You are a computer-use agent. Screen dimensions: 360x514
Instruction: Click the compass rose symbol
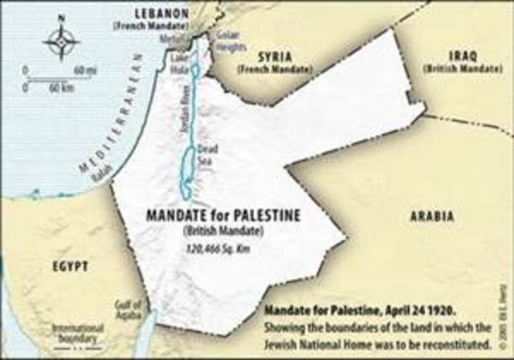[x=62, y=41]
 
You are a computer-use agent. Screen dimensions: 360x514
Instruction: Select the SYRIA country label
[x=273, y=59]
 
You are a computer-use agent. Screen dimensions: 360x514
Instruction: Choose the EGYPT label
[x=67, y=266]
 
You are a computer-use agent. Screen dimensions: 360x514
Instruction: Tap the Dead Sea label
[x=208, y=153]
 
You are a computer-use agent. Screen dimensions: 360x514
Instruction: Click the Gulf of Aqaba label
[x=128, y=309]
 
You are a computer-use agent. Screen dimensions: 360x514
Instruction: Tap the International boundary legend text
[x=78, y=332]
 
